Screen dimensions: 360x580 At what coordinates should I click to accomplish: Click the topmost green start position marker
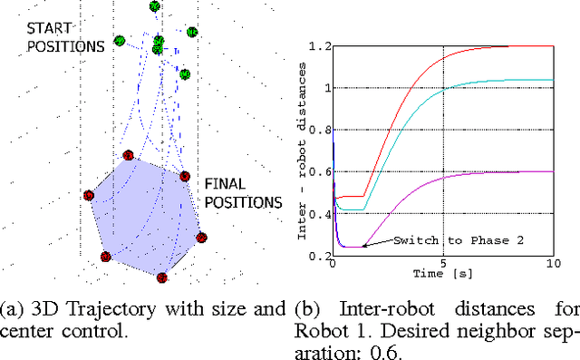[x=154, y=6]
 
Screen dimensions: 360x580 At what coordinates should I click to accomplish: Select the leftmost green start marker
[x=120, y=41]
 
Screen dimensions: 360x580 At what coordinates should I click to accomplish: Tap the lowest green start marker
[x=185, y=74]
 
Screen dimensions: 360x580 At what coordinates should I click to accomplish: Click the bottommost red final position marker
[x=162, y=277]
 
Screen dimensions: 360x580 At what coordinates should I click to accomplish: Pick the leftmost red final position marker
[x=89, y=195]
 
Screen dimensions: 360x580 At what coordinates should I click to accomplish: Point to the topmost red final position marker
[x=128, y=155]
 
